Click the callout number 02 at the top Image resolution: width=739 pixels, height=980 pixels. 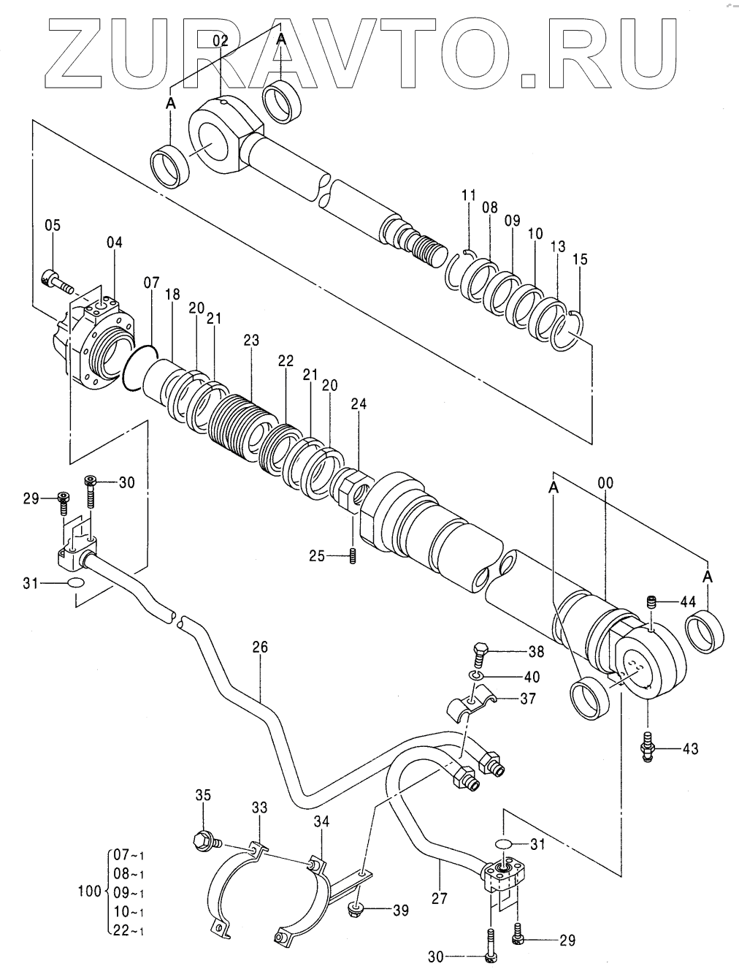coord(221,41)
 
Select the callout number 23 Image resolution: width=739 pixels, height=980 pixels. coord(251,341)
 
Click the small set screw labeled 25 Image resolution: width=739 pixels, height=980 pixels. coord(353,557)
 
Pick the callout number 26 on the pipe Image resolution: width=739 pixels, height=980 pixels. coord(260,647)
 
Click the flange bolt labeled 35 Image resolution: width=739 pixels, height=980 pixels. coord(208,841)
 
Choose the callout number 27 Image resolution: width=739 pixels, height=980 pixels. coord(440,897)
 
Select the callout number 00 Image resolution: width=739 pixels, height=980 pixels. coord(605,483)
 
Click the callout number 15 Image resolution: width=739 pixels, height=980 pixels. coord(581,259)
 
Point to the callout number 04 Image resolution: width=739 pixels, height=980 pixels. coord(114,243)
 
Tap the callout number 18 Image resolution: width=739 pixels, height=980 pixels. coord(172,295)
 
